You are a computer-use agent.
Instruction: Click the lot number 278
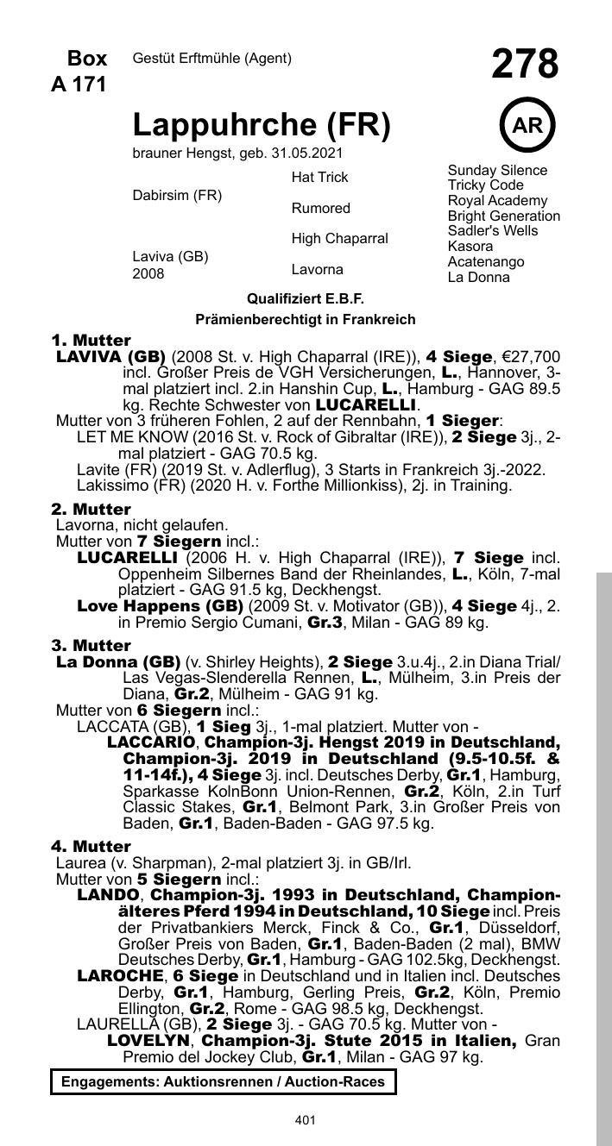[525, 65]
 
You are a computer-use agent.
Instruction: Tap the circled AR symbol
[527, 125]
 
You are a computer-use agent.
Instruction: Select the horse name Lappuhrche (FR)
[262, 126]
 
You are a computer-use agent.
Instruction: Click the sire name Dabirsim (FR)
[177, 195]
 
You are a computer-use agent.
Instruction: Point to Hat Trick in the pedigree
[319, 177]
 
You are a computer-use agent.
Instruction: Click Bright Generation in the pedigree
[503, 216]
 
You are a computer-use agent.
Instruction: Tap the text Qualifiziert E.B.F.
[306, 299]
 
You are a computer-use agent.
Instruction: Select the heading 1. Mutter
[91, 340]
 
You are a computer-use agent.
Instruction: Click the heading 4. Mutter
[91, 847]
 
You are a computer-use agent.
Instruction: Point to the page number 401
[306, 1120]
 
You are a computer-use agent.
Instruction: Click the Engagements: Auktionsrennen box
[224, 1081]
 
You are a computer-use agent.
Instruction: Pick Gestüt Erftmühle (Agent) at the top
[212, 59]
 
